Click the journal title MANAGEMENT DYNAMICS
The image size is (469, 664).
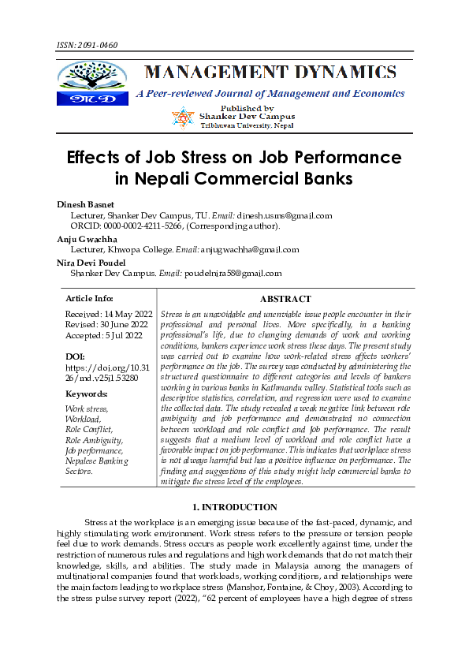tap(270, 73)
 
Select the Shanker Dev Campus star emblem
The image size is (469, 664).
tap(183, 118)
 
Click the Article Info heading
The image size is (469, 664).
tap(89, 299)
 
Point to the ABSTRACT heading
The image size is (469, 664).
tap(285, 299)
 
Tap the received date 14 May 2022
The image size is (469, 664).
tap(119, 314)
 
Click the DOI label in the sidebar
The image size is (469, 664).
tap(76, 356)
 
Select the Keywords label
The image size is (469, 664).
tap(86, 394)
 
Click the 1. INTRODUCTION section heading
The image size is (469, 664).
tap(233, 507)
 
